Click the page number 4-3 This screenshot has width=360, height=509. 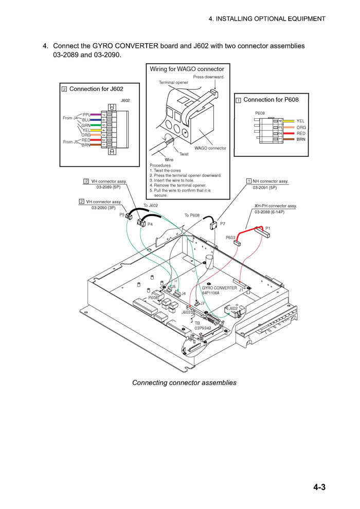[319, 487]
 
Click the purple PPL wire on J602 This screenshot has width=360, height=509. [96, 114]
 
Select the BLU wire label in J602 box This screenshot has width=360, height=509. [86, 120]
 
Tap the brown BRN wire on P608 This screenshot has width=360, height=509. [289, 139]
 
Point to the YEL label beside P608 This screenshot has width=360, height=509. [300, 121]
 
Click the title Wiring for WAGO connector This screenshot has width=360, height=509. [187, 69]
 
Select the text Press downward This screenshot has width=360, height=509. [209, 77]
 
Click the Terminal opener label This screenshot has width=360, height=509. [173, 82]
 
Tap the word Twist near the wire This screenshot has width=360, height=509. [184, 154]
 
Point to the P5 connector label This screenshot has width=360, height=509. [122, 214]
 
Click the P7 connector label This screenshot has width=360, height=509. [222, 224]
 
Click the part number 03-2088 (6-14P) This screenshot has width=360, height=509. [269, 212]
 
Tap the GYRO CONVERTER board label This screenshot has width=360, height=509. [220, 288]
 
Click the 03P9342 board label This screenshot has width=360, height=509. [203, 328]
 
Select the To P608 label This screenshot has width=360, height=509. [192, 215]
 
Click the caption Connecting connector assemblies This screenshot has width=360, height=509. [184, 383]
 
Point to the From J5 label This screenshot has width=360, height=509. [70, 142]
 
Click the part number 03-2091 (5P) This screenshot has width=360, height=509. [265, 188]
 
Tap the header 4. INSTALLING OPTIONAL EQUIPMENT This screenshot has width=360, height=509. [267, 19]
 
